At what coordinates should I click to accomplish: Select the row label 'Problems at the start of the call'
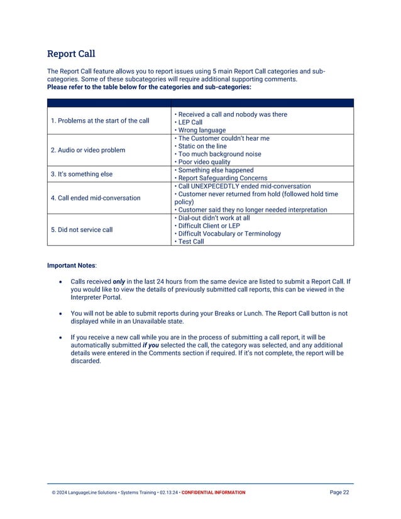coord(100,121)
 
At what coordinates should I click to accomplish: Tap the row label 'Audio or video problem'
coord(88,150)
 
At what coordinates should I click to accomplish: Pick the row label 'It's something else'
coord(83,174)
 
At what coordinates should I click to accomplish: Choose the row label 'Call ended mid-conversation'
coord(96,198)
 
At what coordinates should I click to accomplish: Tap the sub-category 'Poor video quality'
coord(204,162)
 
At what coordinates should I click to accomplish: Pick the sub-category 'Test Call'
coord(190,241)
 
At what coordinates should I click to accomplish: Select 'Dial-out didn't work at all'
coord(213,217)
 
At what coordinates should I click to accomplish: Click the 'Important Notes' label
coord(70,266)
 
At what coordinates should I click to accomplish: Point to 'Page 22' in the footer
coord(339,493)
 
